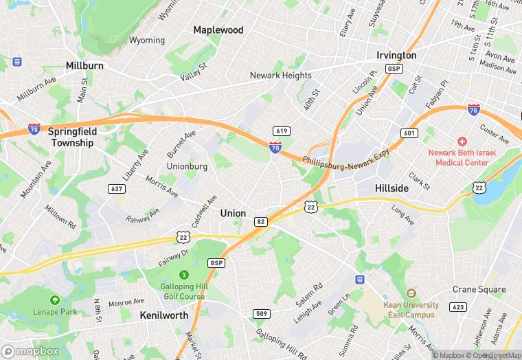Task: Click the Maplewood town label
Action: [218, 30]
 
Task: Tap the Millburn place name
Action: [84, 65]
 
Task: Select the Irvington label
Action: [396, 55]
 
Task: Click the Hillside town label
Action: [392, 188]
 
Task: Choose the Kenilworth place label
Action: [163, 315]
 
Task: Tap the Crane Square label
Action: [479, 289]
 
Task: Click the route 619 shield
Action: [280, 131]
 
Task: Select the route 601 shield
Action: [409, 133]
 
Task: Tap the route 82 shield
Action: [260, 221]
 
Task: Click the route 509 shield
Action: [260, 315]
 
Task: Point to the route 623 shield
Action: [459, 306]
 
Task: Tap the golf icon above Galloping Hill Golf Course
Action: [183, 275]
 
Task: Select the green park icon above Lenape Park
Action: [54, 300]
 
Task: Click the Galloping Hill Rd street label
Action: [282, 343]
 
